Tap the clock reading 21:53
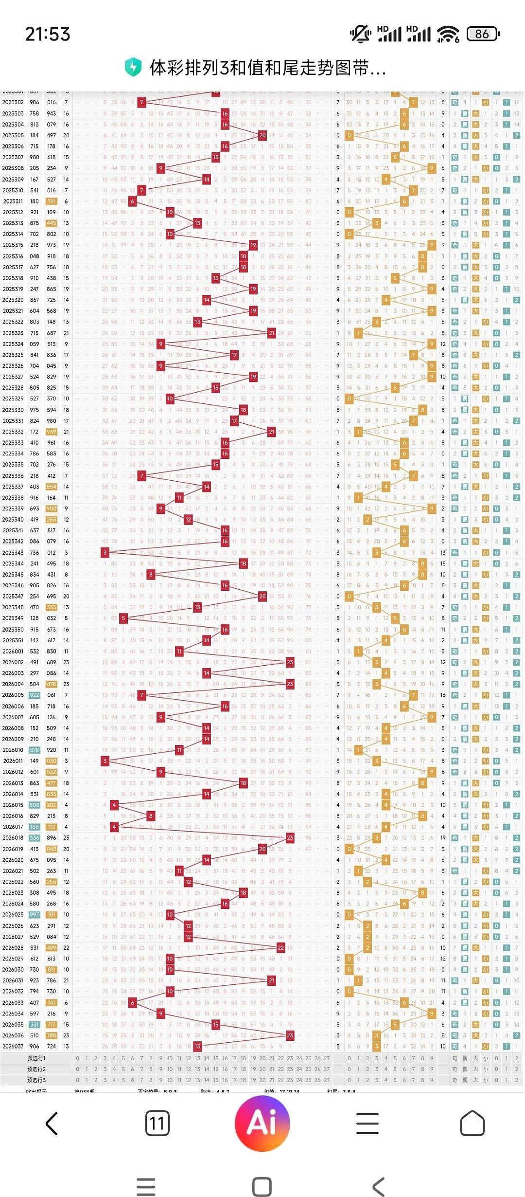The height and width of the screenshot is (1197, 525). pos(48,34)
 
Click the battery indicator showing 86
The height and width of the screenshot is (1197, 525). pos(483,34)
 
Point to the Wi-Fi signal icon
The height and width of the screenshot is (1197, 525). pos(448,34)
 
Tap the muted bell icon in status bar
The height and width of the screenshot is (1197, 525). pos(360,34)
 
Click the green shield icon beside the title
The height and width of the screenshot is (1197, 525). pos(133,68)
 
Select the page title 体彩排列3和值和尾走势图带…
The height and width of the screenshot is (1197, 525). pos(268,68)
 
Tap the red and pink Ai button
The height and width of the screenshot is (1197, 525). pos(262,1124)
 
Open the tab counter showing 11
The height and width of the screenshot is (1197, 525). pos(157,1124)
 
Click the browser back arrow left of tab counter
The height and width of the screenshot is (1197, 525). pos(52,1124)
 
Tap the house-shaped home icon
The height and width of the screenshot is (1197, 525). pos(472,1124)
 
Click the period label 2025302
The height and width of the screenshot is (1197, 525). pos(13,102)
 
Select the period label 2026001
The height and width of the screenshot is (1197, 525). pos(13,651)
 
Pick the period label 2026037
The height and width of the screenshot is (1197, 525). pos(13,1046)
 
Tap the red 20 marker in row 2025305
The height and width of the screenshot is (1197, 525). pos(262,135)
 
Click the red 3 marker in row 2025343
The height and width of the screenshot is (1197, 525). pos(105,552)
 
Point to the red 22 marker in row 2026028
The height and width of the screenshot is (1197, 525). pos(281,947)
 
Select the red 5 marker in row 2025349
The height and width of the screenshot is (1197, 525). pos(123,618)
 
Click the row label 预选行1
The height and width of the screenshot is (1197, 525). pos(36,1058)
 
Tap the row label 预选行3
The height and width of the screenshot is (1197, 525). pos(36,1080)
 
